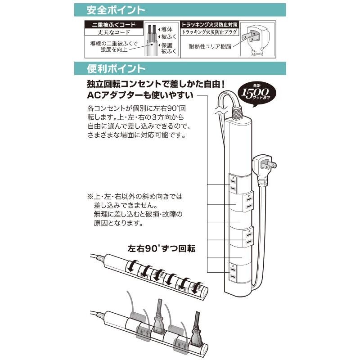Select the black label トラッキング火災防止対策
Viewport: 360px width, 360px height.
click(210, 25)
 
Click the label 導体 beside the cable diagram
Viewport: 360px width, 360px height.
click(166, 29)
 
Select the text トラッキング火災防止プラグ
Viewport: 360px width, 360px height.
click(210, 33)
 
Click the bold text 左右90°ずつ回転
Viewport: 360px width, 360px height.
click(162, 249)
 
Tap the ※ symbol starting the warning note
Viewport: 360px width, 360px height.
click(89, 198)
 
